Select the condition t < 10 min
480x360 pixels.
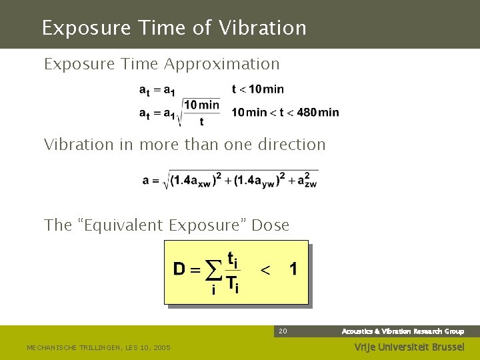(x=258, y=89)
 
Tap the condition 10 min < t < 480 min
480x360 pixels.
(x=285, y=112)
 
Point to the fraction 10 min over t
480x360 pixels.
(x=201, y=113)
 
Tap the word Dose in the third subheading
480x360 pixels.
(x=271, y=225)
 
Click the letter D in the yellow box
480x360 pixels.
(x=180, y=269)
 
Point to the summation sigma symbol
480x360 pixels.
(x=213, y=272)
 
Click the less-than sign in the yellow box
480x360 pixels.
(x=265, y=270)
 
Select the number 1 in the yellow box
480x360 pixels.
(x=293, y=269)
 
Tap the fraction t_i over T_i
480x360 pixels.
(x=232, y=271)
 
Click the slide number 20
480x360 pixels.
(x=283, y=331)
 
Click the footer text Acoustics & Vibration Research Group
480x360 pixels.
(x=403, y=331)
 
